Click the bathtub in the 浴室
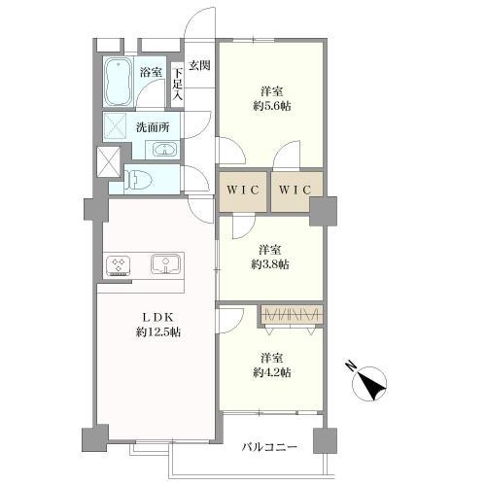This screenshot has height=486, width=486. point(118,82)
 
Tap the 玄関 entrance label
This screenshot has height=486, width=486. point(199,65)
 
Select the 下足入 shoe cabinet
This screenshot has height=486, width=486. point(177,84)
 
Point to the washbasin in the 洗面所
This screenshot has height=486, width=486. point(164,150)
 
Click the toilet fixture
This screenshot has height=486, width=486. point(140,179)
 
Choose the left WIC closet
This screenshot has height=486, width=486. point(243,191)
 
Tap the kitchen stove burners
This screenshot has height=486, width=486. point(118,265)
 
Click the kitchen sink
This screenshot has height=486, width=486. point(166,263)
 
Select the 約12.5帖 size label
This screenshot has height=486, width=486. point(158,332)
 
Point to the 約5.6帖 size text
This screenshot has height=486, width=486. point(272,106)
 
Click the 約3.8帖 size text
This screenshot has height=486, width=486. point(270,264)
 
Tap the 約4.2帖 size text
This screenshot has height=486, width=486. point(272,372)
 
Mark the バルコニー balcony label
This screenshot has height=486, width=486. point(269,447)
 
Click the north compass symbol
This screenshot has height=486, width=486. point(369,383)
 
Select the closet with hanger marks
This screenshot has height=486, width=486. point(292,314)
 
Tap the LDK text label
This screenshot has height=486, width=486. point(158,318)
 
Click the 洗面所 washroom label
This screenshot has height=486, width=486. point(153,127)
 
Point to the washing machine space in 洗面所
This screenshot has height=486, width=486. point(115,126)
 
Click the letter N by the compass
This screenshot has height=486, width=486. point(351,365)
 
